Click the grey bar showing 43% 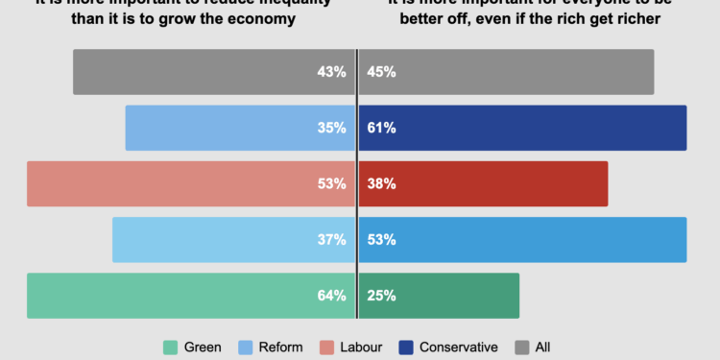click(x=211, y=72)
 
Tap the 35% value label click(x=334, y=128)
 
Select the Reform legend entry click(x=274, y=347)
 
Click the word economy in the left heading click(x=260, y=19)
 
